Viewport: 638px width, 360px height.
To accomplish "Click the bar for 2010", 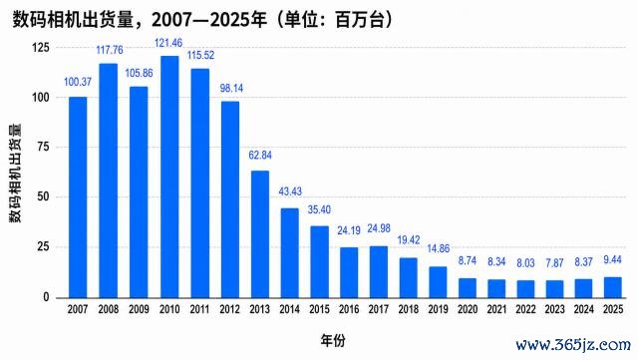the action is [x=169, y=177].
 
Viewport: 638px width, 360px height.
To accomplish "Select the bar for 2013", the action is [x=259, y=234].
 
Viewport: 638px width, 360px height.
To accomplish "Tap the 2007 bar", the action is [x=78, y=197].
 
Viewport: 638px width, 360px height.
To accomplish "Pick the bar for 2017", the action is [x=379, y=272].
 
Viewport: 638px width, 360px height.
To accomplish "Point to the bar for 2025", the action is [x=613, y=287].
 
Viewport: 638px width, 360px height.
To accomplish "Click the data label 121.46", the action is [x=168, y=43].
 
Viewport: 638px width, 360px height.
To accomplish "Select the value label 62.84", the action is [x=260, y=156].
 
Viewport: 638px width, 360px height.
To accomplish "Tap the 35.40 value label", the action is [x=319, y=209].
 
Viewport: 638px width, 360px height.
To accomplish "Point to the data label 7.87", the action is [x=554, y=263].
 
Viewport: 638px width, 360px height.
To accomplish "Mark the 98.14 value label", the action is [x=231, y=88].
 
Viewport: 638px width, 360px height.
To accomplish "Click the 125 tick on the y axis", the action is [x=41, y=47].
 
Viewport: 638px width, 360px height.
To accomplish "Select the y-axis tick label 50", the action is [x=43, y=196].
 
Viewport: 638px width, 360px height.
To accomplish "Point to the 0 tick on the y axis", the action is [x=46, y=297].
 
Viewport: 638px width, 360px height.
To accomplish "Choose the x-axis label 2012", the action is [x=229, y=309].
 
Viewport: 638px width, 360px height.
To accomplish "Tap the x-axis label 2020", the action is [x=468, y=309].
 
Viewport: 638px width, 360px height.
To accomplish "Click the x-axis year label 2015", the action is [x=319, y=309].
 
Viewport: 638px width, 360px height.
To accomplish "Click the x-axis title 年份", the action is [x=333, y=340].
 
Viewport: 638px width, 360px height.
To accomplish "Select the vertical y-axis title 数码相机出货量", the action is [x=16, y=174].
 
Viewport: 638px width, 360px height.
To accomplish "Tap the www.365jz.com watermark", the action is [x=573, y=345].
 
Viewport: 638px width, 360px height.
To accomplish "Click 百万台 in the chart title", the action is [x=359, y=20].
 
